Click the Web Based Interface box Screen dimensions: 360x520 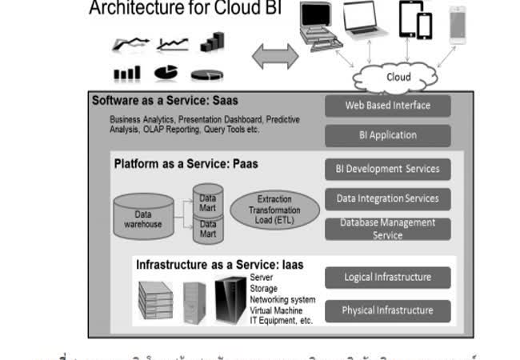tap(388, 106)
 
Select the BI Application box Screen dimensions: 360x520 tap(388, 135)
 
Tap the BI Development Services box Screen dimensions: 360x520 tap(388, 169)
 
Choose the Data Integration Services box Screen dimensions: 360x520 tap(388, 198)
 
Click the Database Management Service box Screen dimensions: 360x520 tap(388, 229)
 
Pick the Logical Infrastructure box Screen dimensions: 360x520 tap(388, 278)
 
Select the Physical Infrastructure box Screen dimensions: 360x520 tap(388, 310)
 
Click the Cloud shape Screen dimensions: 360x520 tap(398, 78)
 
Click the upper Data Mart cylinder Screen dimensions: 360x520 tap(208, 201)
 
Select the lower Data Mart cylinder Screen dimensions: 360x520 tap(208, 230)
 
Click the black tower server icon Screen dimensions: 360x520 tap(230, 300)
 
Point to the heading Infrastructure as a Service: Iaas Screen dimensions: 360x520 tap(219, 264)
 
